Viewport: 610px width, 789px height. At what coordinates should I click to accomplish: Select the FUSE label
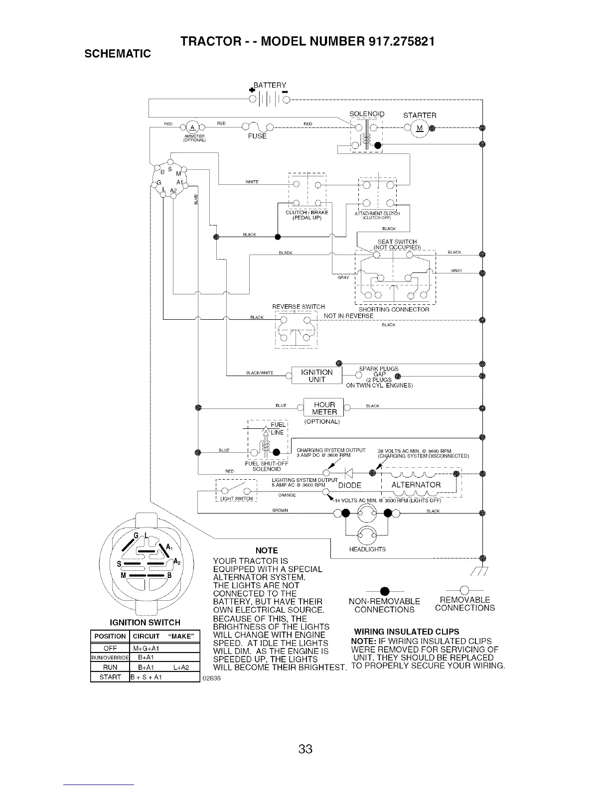pos(257,136)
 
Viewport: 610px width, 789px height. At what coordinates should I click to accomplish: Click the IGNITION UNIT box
pos(317,376)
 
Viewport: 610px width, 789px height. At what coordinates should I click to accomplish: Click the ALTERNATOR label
pos(416,485)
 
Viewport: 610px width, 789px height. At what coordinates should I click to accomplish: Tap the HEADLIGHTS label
pos(368,549)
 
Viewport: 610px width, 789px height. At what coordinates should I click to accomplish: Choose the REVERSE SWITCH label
pos(298,306)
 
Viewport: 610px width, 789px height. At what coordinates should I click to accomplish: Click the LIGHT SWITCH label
pos(236,499)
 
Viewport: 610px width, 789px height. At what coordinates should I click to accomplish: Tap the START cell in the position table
pos(110,677)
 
